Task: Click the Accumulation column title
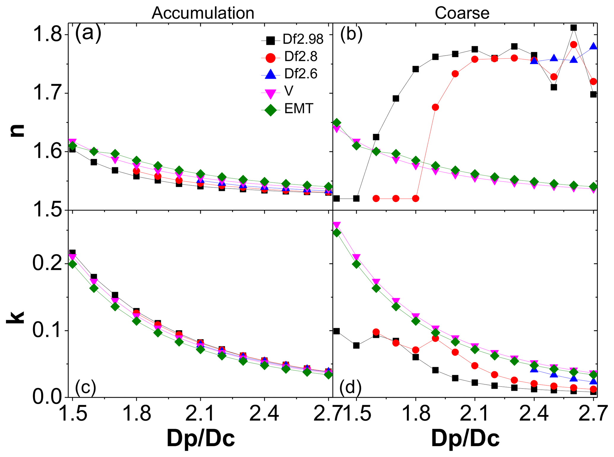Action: pyautogui.click(x=203, y=13)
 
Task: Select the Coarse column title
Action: pyautogui.click(x=462, y=13)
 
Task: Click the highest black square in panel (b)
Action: pyautogui.click(x=574, y=28)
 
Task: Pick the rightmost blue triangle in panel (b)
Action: pyautogui.click(x=593, y=46)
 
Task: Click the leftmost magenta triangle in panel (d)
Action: pyautogui.click(x=337, y=225)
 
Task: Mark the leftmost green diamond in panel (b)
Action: pyautogui.click(x=337, y=123)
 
